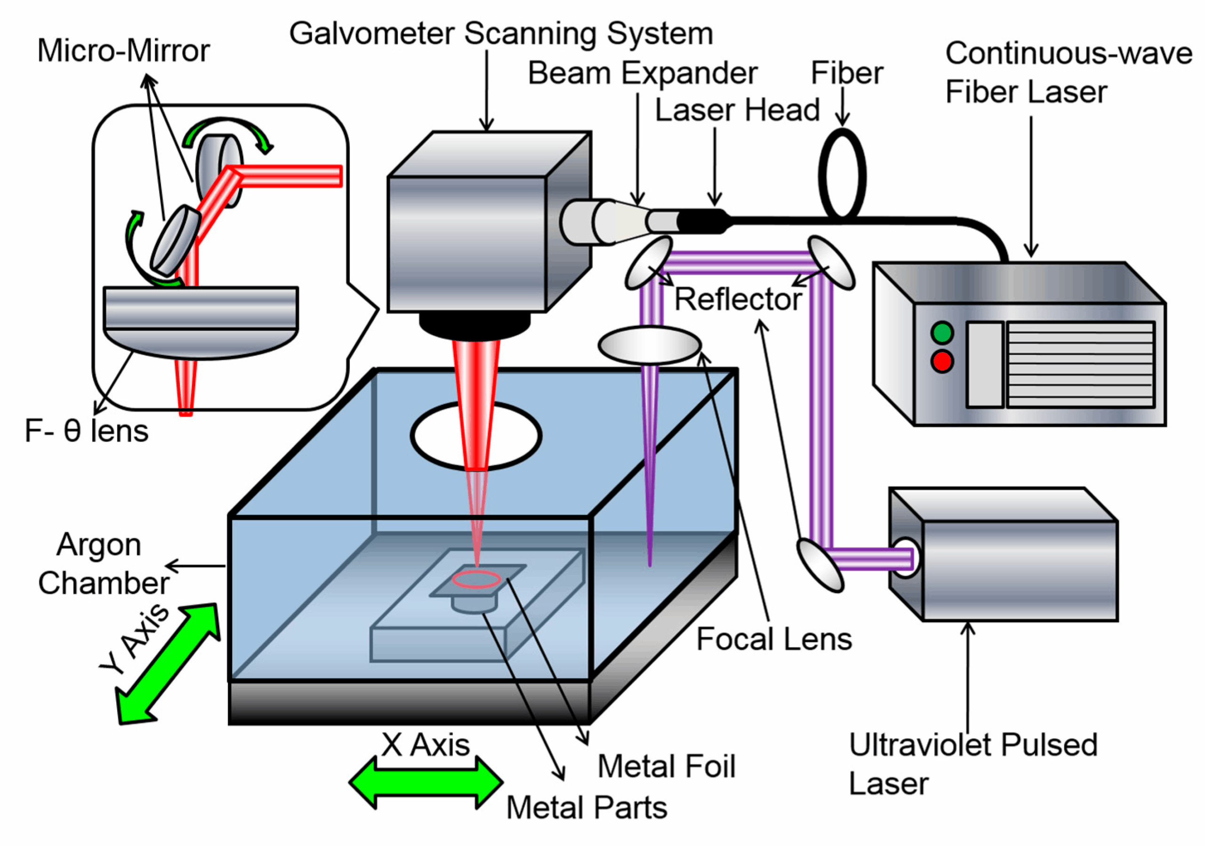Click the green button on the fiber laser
(x=942, y=332)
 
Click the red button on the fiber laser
(x=942, y=362)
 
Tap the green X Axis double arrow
(x=426, y=782)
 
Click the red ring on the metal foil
(x=476, y=580)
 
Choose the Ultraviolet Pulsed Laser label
(x=972, y=764)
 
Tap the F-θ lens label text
(x=87, y=431)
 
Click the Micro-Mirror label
(x=123, y=51)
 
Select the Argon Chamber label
(x=102, y=564)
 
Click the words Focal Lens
(x=773, y=639)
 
